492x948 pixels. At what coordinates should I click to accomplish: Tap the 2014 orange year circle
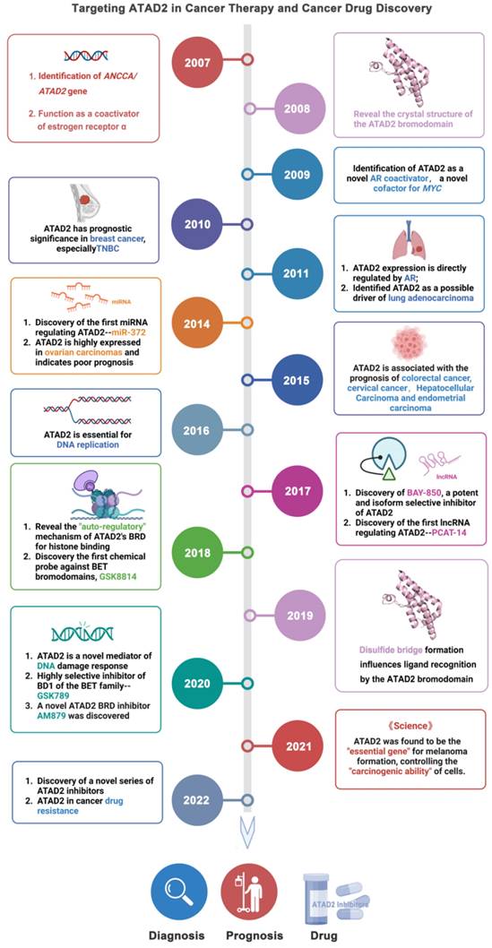coord(198,322)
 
